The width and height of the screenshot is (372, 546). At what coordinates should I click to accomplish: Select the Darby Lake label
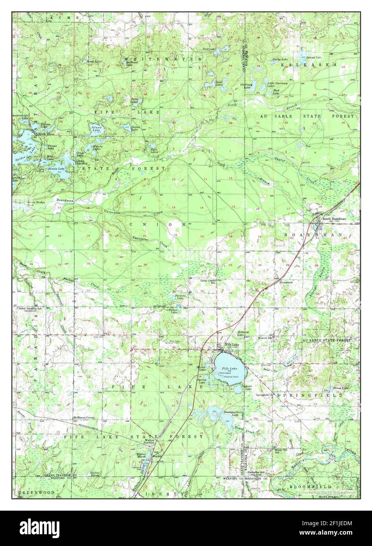pos(280,60)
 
